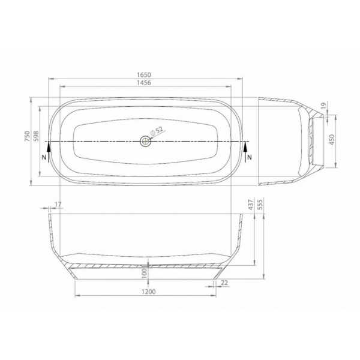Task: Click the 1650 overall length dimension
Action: pos(144,75)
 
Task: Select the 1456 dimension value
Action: pos(144,83)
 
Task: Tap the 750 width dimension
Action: pos(28,136)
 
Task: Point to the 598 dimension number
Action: pos(37,136)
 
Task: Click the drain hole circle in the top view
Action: pos(145,141)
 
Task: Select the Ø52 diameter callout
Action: pos(157,131)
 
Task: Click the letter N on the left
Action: pos(44,157)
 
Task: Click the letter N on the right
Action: pos(250,157)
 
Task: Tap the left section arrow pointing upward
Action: pos(49,152)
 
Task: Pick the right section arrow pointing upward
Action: pos(245,152)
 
